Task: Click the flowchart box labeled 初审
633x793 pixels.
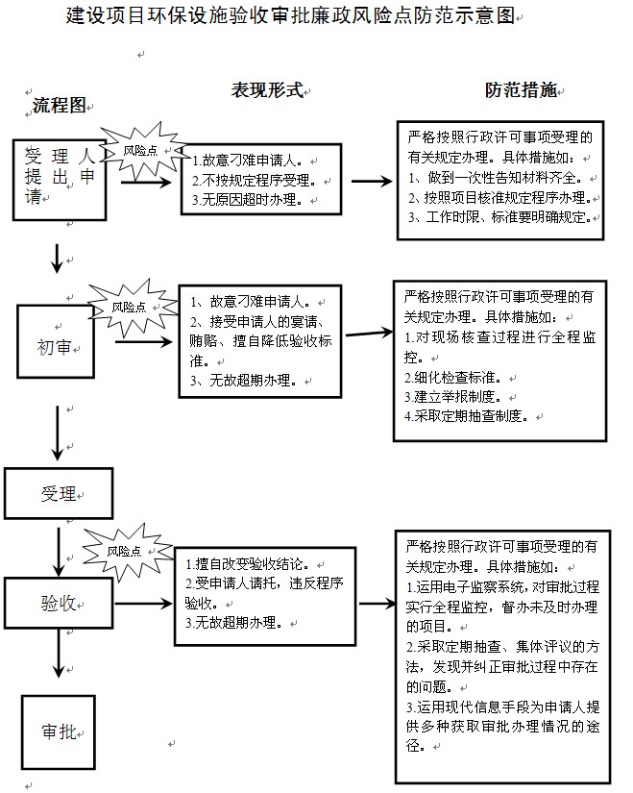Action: click(x=56, y=341)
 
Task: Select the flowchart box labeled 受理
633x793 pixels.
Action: click(x=59, y=494)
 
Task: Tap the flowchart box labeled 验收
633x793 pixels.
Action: click(x=59, y=604)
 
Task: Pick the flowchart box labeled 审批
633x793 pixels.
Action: click(x=59, y=731)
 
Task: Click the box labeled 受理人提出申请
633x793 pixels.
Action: click(x=60, y=180)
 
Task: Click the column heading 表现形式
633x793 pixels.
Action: click(x=267, y=90)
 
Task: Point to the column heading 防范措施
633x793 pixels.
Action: click(x=522, y=90)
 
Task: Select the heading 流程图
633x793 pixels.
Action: click(x=60, y=105)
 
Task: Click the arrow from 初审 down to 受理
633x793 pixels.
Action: click(x=58, y=433)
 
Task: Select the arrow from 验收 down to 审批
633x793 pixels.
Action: click(x=60, y=653)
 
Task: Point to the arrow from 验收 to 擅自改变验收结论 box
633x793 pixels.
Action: click(x=144, y=604)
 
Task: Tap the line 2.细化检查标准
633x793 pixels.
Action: click(x=453, y=378)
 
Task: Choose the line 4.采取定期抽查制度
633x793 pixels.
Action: click(x=467, y=416)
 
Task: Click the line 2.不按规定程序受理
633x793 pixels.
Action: click(x=255, y=180)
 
